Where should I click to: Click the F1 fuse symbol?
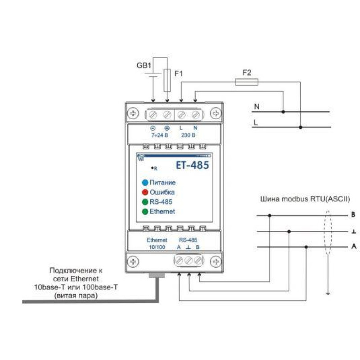click(167, 81)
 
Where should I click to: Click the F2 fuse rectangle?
click(247, 82)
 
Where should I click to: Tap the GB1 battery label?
click(144, 65)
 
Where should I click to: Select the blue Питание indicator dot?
click(145, 183)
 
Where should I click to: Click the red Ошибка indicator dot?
click(145, 192)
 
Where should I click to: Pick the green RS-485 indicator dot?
click(145, 202)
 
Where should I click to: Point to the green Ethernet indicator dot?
click(145, 211)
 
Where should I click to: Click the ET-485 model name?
click(193, 165)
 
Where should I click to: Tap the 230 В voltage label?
click(188, 135)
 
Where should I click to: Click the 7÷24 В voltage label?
click(160, 135)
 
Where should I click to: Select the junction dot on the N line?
click(283, 112)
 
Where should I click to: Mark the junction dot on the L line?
click(301, 127)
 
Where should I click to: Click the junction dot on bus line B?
click(270, 216)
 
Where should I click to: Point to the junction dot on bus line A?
click(306, 247)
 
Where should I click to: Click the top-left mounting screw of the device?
click(133, 113)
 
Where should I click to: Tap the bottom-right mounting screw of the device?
click(216, 261)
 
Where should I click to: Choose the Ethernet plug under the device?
click(157, 275)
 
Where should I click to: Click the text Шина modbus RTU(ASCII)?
click(305, 199)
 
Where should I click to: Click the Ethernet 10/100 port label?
click(157, 243)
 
